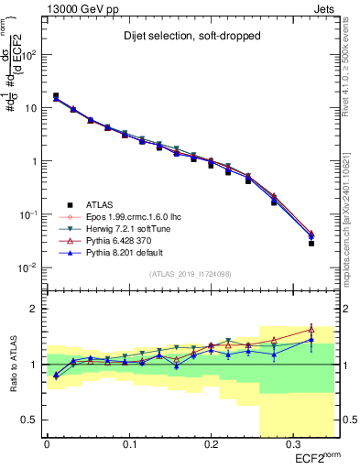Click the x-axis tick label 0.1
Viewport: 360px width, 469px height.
click(x=129, y=445)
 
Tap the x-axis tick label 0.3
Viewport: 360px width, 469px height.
click(x=293, y=445)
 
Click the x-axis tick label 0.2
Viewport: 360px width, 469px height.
click(x=211, y=445)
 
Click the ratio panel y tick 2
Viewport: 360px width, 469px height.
click(x=36, y=309)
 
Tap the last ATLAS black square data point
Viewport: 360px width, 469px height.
click(x=311, y=244)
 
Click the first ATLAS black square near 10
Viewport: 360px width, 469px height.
click(x=56, y=95)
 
